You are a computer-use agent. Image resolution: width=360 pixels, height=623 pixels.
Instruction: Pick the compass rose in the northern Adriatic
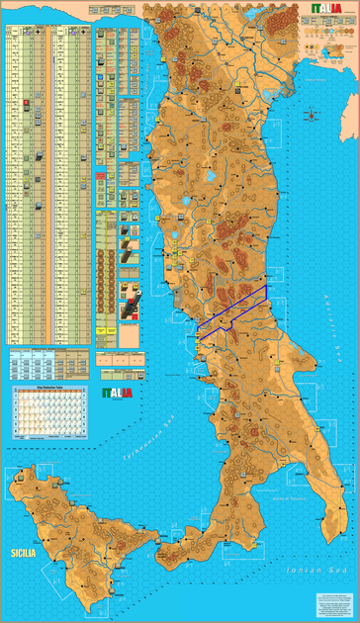coord(315,116)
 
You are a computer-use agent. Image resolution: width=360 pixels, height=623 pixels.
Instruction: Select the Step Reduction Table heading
coord(46,388)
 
